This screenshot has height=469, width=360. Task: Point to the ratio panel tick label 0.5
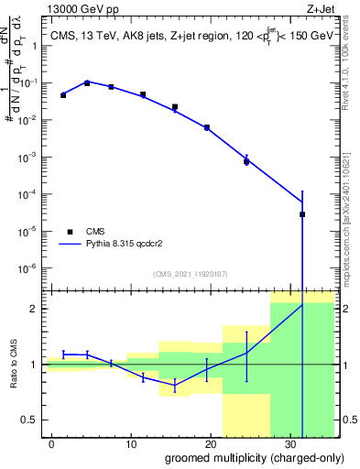[x=29, y=420]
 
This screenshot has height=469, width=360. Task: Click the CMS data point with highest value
[x=87, y=82]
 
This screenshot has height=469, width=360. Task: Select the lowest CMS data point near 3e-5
[x=302, y=214]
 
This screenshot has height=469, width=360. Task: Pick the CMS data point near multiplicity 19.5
[x=207, y=127]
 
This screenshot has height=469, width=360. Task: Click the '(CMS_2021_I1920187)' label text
[x=190, y=274]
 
